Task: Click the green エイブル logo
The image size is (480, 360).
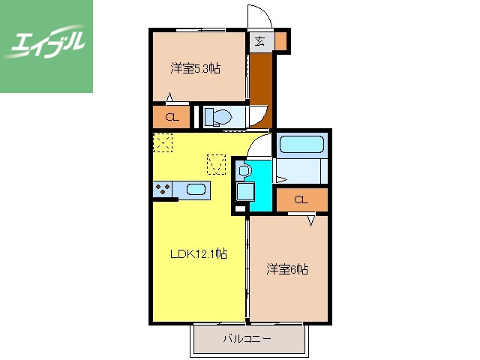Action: pyautogui.click(x=46, y=46)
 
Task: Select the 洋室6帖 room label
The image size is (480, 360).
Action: pyautogui.click(x=287, y=268)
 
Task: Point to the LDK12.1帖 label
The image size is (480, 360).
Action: pyautogui.click(x=197, y=254)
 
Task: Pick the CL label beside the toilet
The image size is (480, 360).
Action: pyautogui.click(x=172, y=117)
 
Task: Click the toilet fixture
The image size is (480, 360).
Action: pyautogui.click(x=217, y=116)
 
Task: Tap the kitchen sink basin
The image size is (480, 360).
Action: pyautogui.click(x=196, y=190)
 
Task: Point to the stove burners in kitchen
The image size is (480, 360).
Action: pyautogui.click(x=163, y=190)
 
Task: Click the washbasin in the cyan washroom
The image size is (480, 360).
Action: pyautogui.click(x=244, y=172)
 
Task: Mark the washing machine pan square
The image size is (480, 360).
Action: pyautogui.click(x=245, y=191)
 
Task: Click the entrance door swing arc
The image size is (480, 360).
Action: pyautogui.click(x=259, y=16)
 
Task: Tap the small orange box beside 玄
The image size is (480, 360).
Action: pyautogui.click(x=281, y=41)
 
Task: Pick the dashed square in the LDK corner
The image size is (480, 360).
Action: pyautogui.click(x=163, y=142)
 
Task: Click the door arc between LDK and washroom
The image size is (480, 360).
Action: pyautogui.click(x=259, y=145)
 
